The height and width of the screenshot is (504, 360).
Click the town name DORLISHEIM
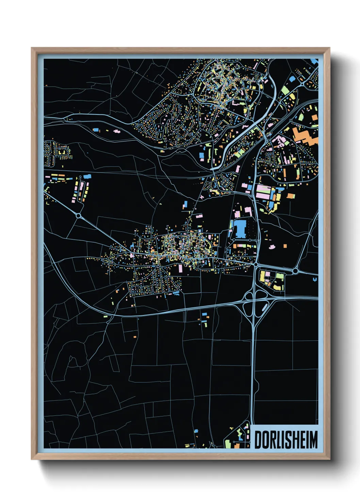286,440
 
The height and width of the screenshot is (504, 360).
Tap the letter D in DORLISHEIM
258,440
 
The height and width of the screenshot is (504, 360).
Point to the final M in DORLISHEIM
314,440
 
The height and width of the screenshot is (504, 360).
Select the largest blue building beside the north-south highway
240,229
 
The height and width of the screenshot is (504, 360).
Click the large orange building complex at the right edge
305,136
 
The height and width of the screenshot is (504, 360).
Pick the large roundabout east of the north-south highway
295,271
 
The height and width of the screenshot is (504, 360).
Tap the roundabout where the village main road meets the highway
255,264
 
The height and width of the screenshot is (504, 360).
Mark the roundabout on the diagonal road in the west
79,216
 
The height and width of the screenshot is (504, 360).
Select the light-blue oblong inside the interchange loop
264,307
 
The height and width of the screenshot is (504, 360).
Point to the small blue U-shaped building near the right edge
315,279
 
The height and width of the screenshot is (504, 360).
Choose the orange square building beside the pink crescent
285,246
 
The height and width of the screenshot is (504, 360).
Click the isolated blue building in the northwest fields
96,130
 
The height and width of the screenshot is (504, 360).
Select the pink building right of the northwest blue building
116,131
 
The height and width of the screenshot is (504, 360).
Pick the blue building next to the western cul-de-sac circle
87,176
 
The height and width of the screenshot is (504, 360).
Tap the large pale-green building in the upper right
285,90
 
